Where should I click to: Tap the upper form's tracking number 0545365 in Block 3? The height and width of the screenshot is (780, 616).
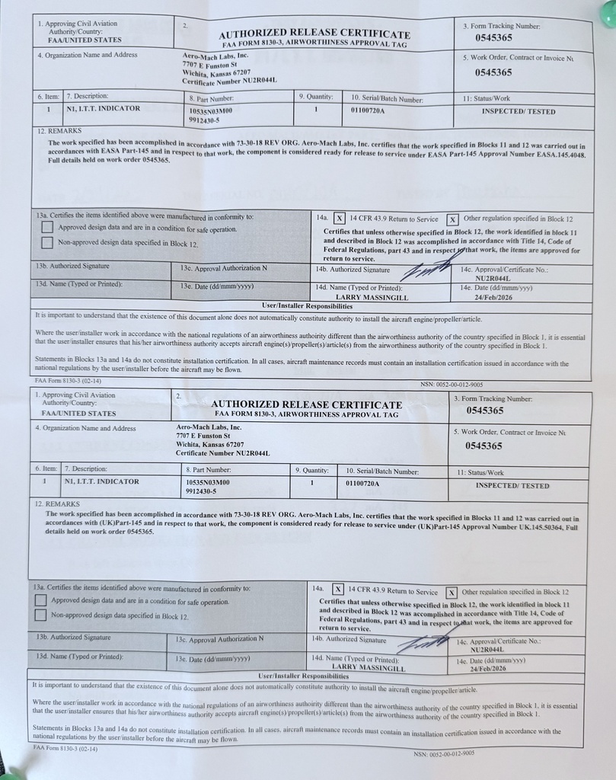(x=493, y=37)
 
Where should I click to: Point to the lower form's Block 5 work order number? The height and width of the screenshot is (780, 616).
(x=484, y=446)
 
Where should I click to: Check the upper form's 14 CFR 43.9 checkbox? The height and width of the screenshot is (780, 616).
(x=340, y=219)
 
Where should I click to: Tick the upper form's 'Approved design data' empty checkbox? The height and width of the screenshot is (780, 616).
(x=47, y=228)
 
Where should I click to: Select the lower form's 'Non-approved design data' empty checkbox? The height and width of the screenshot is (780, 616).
(x=40, y=615)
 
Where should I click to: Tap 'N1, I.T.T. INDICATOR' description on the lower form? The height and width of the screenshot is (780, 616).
(x=101, y=481)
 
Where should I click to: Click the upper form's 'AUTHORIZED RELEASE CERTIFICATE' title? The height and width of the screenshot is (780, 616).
(x=314, y=34)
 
